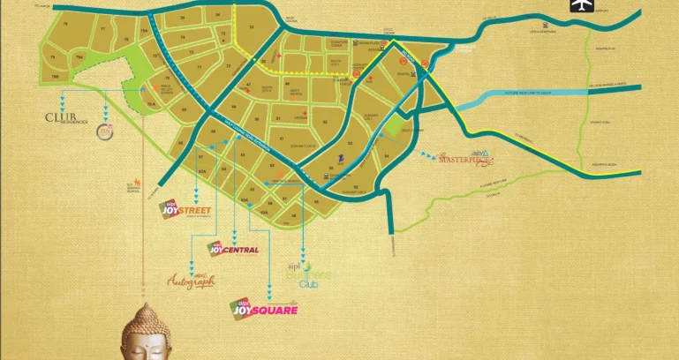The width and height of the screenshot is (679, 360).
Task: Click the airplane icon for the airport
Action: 580,6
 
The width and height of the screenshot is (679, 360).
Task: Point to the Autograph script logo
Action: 191,281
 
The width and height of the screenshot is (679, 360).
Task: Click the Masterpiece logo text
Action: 464,160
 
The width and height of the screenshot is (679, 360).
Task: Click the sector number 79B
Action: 55,76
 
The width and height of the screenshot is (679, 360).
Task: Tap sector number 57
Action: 282,139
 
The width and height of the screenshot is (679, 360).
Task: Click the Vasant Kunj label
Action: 600,116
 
